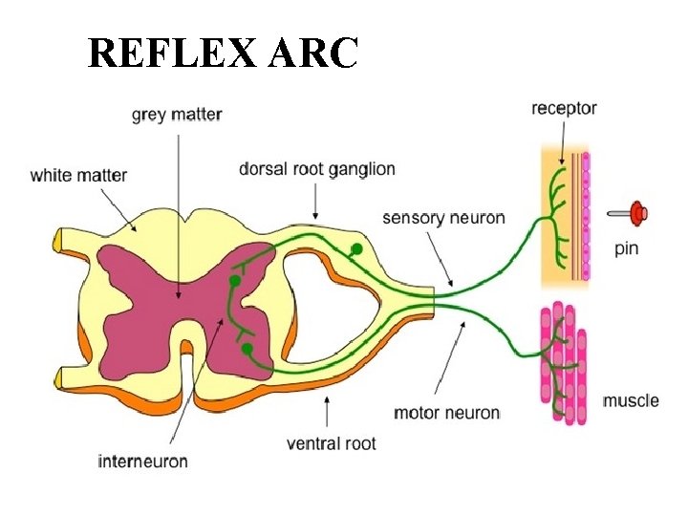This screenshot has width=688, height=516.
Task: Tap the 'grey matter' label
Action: pos(177,115)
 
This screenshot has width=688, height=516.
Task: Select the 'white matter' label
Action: pos(78,175)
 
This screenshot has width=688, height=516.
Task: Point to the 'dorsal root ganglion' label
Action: pos(316,169)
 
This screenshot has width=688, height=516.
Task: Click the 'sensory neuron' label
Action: pos(443,218)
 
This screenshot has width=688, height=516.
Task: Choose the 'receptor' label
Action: pos(564,109)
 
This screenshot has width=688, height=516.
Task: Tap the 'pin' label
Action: pos(626,249)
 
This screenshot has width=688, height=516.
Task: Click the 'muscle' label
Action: pos(631,399)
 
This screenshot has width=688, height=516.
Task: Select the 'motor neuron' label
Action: pos(447,413)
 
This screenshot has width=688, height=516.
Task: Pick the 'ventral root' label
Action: pos(332,443)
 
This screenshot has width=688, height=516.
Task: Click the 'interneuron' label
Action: pos(143,462)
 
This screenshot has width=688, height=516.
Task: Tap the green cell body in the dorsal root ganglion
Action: pos(357,249)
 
